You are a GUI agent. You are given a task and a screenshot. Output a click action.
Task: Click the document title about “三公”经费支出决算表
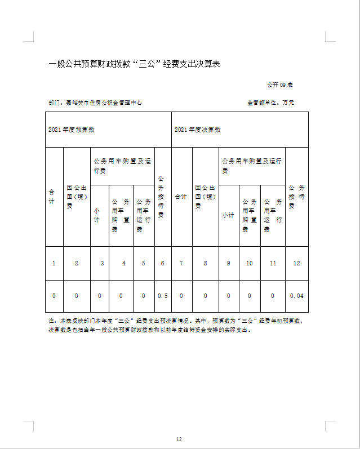coord(134,64)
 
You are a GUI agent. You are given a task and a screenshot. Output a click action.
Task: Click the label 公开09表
coord(279,85)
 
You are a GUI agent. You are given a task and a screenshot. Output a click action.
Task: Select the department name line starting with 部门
coord(95,103)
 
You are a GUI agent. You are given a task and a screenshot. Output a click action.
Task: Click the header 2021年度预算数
coord(71,130)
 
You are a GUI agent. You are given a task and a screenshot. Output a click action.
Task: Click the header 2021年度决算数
coord(198,130)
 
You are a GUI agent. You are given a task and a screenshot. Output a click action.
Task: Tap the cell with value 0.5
coord(163,296)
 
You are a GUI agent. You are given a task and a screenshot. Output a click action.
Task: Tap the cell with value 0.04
coord(296,296)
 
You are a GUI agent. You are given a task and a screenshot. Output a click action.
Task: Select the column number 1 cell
coord(54,263)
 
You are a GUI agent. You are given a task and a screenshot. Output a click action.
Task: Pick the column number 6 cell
coord(163,263)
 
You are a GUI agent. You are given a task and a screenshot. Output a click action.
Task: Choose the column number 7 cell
coord(181,263)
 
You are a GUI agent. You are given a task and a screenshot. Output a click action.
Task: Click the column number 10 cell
coord(250,263)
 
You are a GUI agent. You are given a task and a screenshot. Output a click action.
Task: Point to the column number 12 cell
coord(296,263)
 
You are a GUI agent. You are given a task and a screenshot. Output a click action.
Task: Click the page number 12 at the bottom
coord(179,439)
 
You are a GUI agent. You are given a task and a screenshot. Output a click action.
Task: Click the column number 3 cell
coord(102,263)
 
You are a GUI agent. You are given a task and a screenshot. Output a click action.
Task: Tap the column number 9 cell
coord(228,263)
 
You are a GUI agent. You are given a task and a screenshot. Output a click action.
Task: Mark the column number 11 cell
coord(273,263)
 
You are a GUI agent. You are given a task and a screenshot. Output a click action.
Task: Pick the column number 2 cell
coord(77,263)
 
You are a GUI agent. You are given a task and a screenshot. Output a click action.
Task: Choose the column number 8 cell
coord(205,263)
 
